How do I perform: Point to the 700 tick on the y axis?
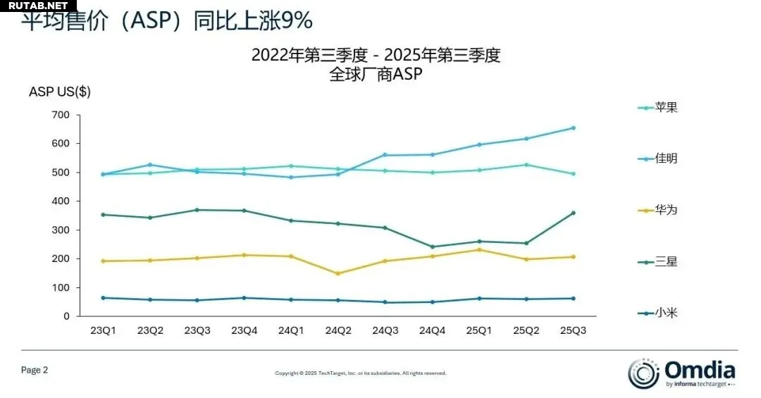pos(61,115)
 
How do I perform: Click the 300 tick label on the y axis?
pos(61,230)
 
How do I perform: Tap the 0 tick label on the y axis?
pos(67,316)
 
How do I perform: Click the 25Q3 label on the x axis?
pos(573,330)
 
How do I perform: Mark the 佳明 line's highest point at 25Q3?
pos(573,128)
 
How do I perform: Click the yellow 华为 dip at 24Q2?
pos(338,273)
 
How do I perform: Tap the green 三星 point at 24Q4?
pos(432,247)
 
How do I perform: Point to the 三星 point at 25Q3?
pos(573,213)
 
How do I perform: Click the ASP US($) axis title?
pos(60,92)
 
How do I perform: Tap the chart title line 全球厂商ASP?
pos(376,74)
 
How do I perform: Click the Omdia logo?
pos(681,373)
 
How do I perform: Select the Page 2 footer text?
pos(35,370)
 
